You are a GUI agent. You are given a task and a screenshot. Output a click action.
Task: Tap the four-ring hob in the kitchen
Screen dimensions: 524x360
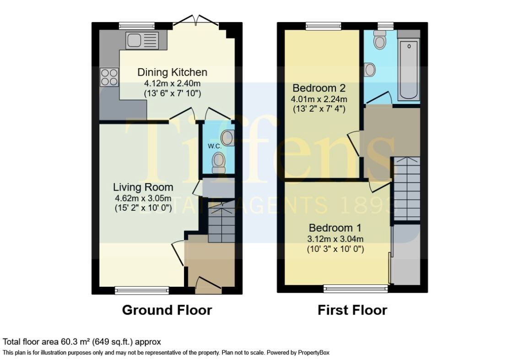click(x=109, y=77)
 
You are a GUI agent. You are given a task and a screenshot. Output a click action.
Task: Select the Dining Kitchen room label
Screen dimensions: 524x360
click(x=173, y=72)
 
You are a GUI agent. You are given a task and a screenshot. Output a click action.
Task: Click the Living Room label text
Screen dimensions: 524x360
click(x=143, y=187)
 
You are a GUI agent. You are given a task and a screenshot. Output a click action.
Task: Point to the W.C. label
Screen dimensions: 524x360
click(x=215, y=146)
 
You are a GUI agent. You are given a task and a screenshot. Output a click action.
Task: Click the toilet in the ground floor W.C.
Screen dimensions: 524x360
click(x=219, y=162)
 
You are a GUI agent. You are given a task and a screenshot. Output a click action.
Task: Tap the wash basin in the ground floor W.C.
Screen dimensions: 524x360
click(x=228, y=138)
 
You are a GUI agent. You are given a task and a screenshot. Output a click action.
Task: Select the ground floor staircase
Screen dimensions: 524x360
click(x=221, y=221)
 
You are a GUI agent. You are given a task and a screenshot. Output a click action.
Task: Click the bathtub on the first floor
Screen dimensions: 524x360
click(x=409, y=69)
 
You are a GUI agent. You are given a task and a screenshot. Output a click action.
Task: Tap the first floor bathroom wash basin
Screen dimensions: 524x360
click(x=370, y=70)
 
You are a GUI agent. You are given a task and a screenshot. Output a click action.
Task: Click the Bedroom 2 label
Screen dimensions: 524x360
click(x=319, y=88)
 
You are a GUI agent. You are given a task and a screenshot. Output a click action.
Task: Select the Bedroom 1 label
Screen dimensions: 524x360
click(x=335, y=228)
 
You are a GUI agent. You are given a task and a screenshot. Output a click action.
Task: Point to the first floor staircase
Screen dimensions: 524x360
click(x=407, y=189)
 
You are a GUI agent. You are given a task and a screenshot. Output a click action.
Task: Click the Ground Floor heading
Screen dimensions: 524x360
click(x=167, y=310)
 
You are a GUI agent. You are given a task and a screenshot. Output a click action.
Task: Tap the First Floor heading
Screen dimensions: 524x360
click(x=352, y=310)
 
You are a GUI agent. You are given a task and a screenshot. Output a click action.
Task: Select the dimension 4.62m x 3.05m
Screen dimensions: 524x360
click(x=143, y=198)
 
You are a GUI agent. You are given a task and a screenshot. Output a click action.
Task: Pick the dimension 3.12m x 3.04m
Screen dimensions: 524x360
click(x=335, y=239)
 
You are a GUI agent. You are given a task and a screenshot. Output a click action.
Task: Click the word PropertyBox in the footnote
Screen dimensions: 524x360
click(x=314, y=353)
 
